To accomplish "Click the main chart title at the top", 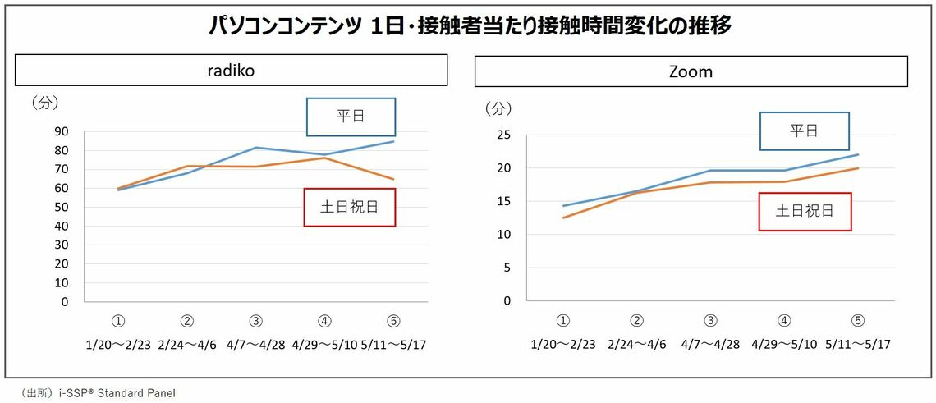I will (469, 26).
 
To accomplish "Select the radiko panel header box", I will (231, 71).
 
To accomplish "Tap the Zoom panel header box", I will (691, 71).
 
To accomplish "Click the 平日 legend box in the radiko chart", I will (351, 117).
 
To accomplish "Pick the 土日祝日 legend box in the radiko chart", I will (350, 208).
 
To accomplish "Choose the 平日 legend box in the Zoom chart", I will (804, 131).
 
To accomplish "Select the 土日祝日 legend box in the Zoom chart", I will (805, 211).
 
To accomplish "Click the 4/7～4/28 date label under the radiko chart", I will (256, 344).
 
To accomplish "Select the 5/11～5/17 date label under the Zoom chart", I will (857, 344).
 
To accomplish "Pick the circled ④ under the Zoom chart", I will (785, 321).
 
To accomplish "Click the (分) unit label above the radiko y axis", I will (44, 103).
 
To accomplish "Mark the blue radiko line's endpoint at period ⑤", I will (394, 141).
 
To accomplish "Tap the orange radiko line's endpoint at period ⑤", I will (394, 179).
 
